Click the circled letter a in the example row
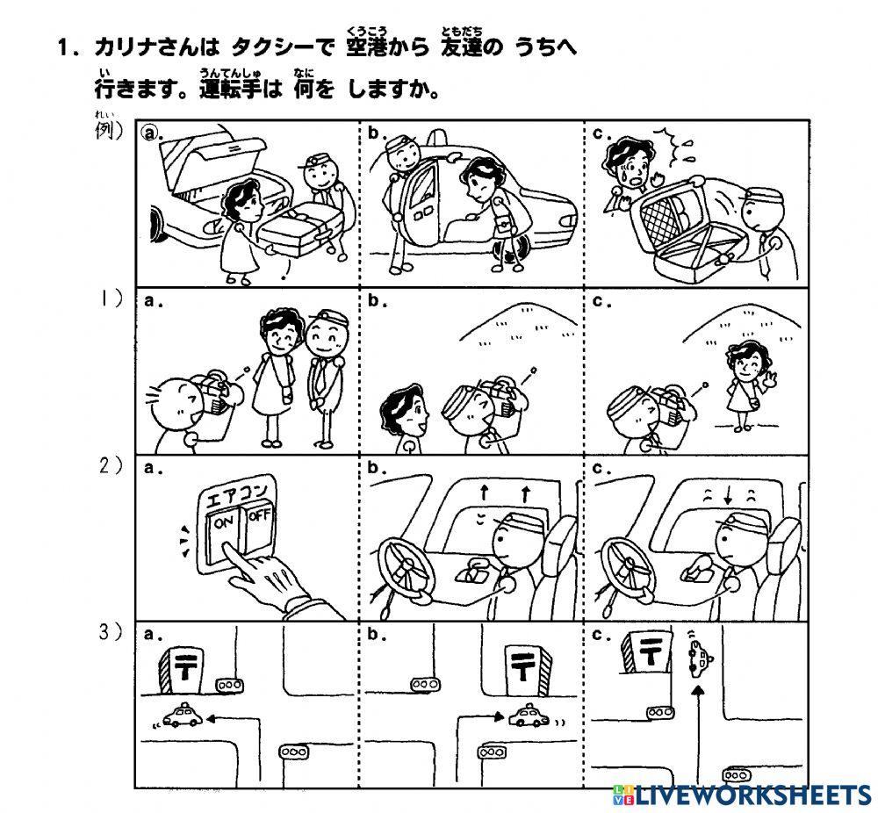click(151, 133)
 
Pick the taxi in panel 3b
click(529, 717)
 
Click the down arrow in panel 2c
click(727, 497)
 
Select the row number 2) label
click(111, 467)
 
